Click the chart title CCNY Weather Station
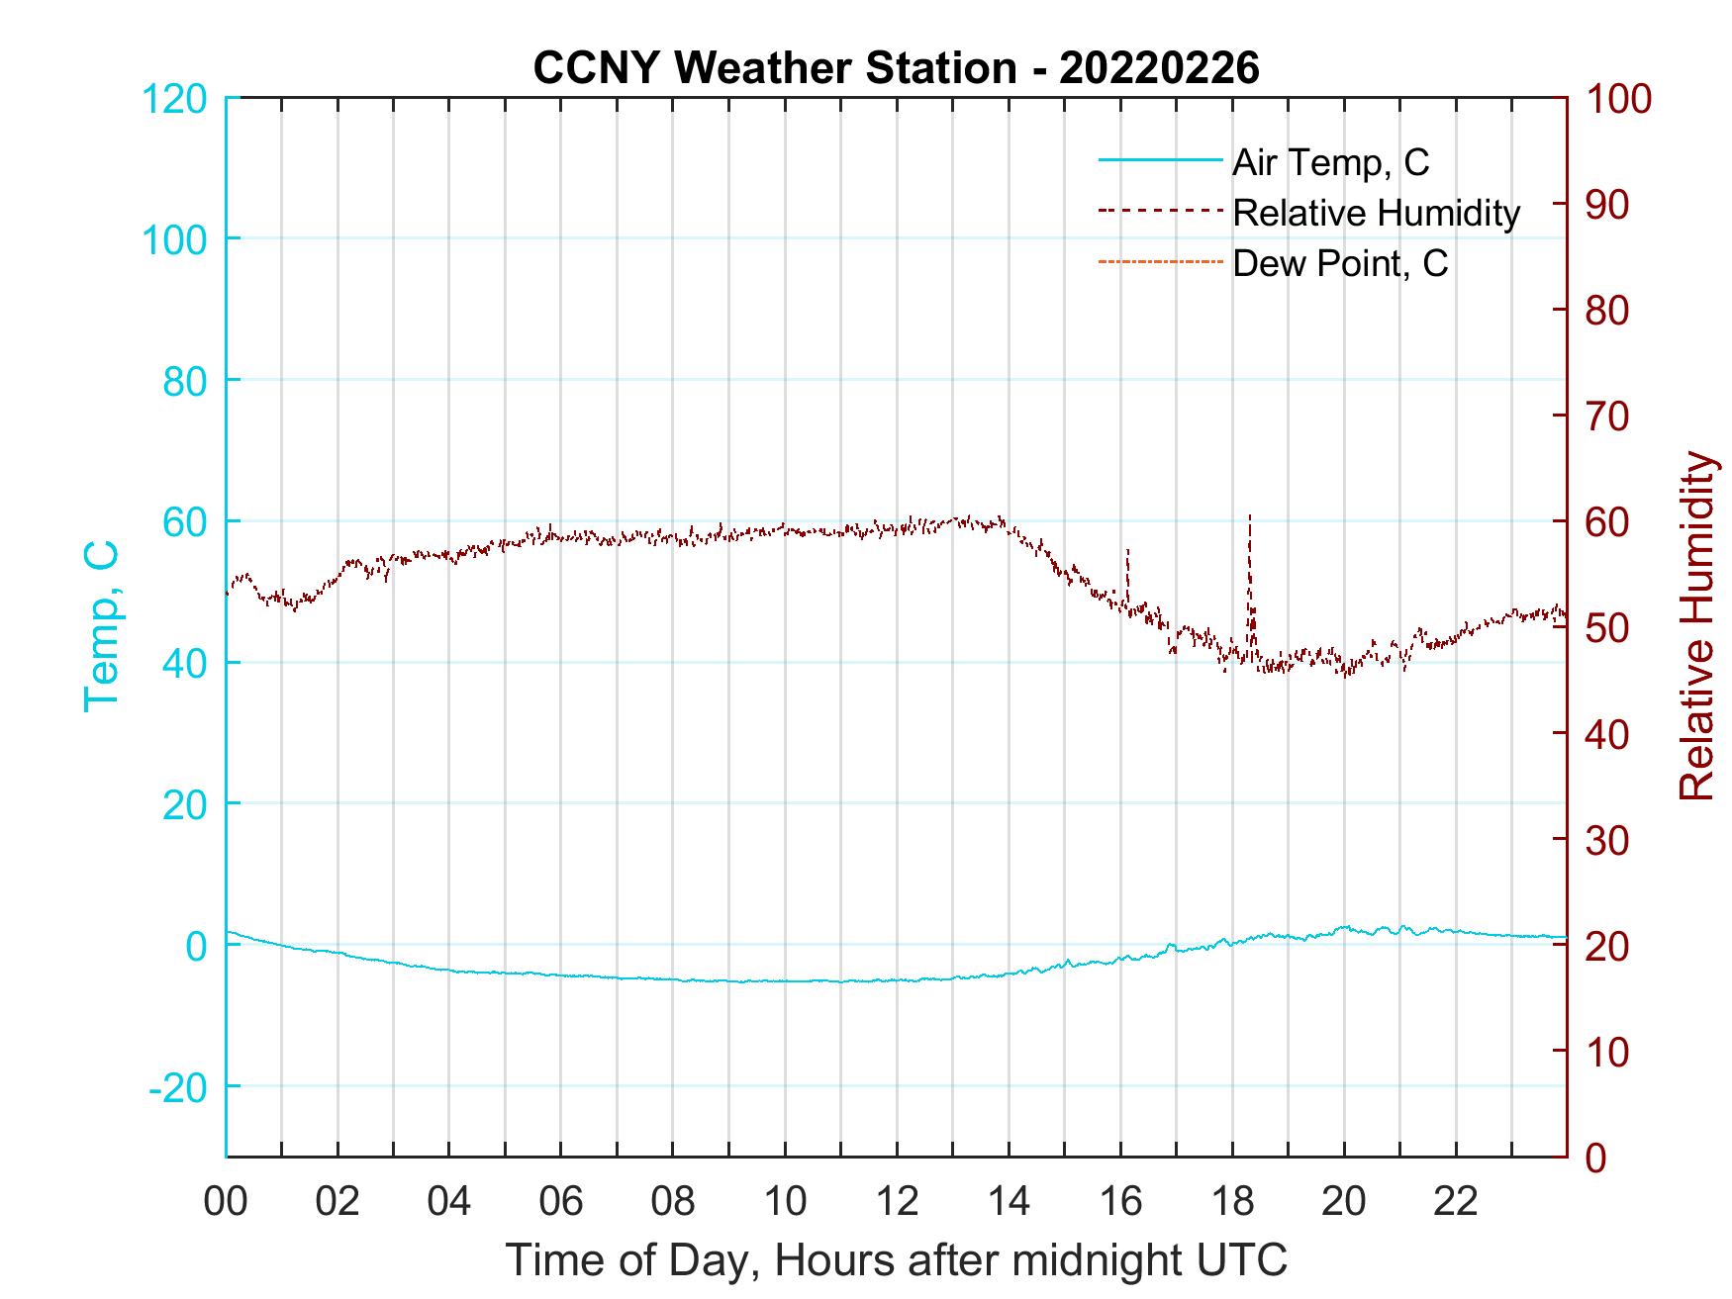(x=896, y=68)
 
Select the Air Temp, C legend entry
(x=1330, y=162)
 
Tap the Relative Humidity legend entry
(x=1376, y=213)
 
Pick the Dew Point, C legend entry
(x=1340, y=263)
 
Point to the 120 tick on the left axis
(x=174, y=99)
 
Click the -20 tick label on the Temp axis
(x=178, y=1087)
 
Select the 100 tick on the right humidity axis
(x=1618, y=99)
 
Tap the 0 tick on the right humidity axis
(x=1595, y=1158)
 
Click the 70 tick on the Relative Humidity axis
(x=1606, y=417)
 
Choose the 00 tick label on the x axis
(x=226, y=1202)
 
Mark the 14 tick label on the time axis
(x=1009, y=1202)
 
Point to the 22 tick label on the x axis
(x=1456, y=1202)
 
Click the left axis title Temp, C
(x=100, y=626)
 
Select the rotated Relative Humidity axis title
(x=1695, y=626)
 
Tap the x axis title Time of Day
(x=896, y=1260)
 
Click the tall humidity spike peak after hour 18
(x=1250, y=515)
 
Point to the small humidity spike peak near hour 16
(x=1127, y=549)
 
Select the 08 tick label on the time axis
(x=673, y=1202)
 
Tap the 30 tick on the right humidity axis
(x=1606, y=840)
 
